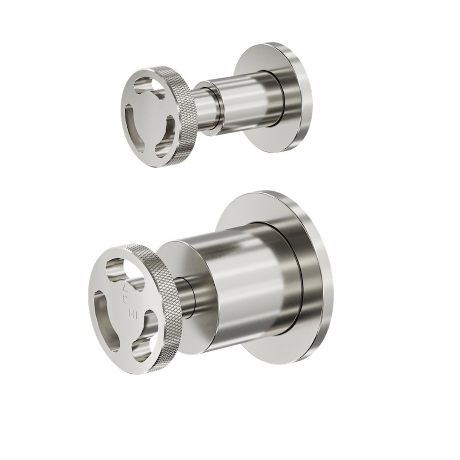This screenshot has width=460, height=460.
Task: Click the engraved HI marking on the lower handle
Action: pos(133,315)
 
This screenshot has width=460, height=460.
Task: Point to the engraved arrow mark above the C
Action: pos(124,288)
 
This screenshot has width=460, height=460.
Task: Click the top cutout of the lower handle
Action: pos(119,270)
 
